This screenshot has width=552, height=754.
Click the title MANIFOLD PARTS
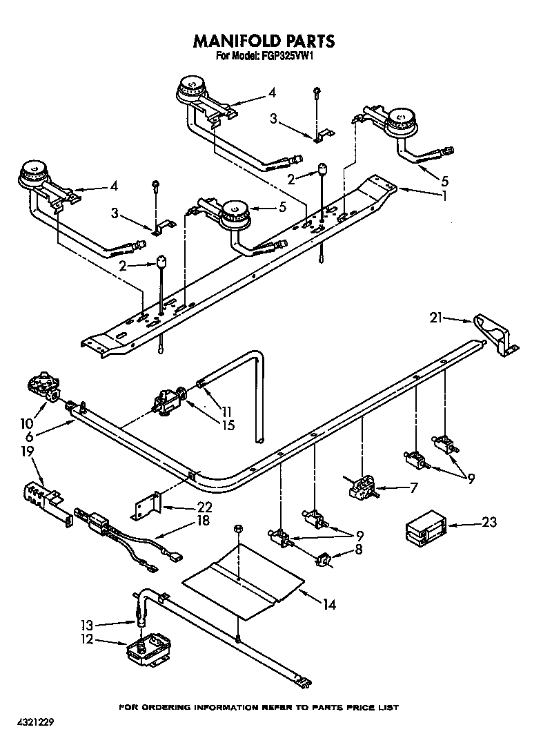tap(264, 41)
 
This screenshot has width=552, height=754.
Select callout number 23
tap(489, 523)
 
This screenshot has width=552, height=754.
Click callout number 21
tap(435, 318)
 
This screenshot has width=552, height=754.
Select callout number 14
tap(329, 604)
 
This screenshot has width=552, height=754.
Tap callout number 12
tap(86, 639)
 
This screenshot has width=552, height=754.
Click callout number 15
tap(226, 425)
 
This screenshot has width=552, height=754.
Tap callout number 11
tap(226, 409)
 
